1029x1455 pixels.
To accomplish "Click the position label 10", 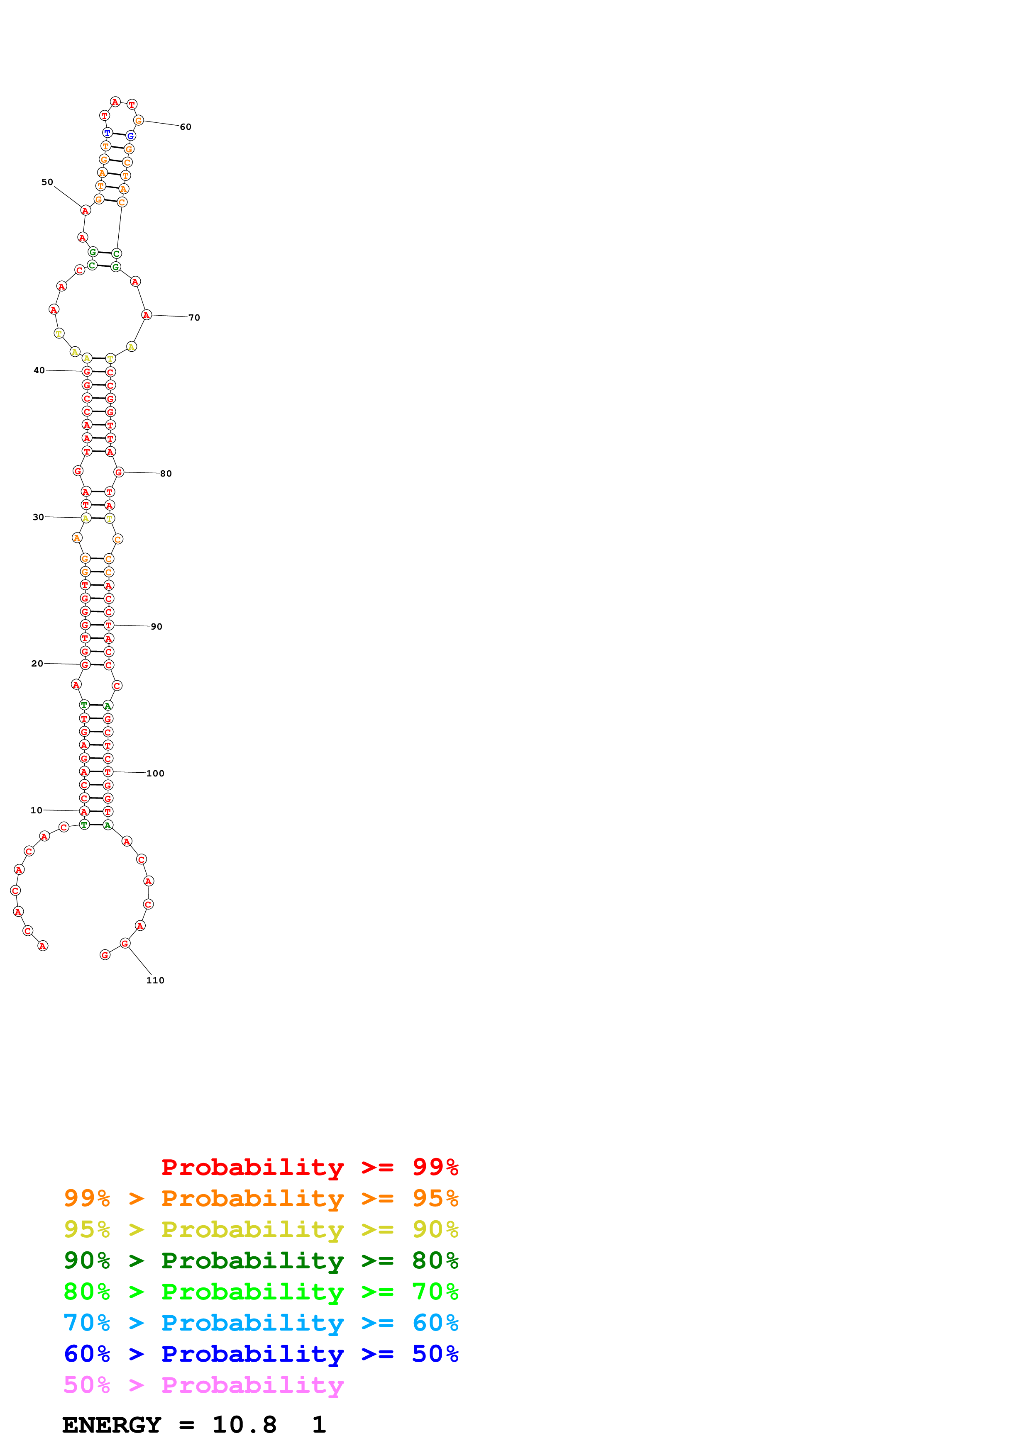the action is point(36,810).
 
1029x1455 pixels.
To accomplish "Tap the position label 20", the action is point(37,664).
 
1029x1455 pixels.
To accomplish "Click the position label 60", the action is point(185,127).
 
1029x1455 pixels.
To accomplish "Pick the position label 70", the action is point(194,317).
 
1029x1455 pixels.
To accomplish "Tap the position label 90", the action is point(156,627).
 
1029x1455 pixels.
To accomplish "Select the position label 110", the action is point(155,981).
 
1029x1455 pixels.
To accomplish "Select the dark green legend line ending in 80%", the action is point(261,1260).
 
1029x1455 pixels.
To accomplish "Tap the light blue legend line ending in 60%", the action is point(261,1323).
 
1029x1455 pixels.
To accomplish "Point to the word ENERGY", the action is point(112,1425).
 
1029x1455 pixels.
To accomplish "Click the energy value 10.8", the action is point(244,1425).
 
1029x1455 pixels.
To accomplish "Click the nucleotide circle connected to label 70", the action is point(147,315).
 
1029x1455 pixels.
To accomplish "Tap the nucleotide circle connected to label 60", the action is point(138,120).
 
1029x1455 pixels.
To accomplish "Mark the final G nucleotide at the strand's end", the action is point(105,955).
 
